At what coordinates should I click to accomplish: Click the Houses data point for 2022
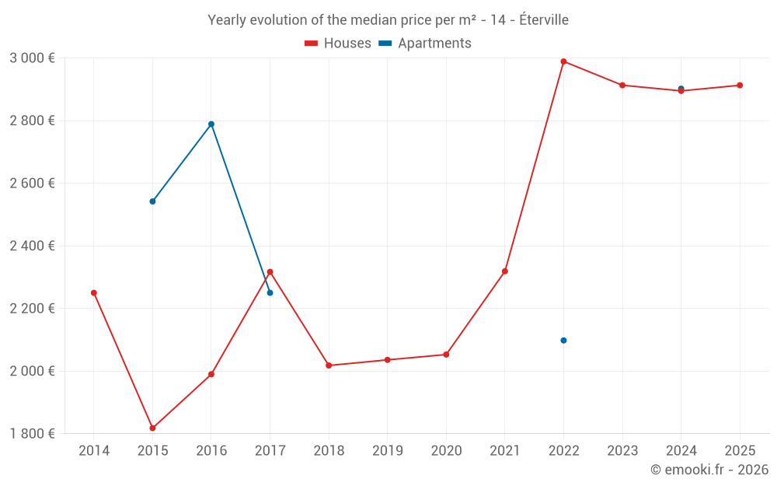[563, 61]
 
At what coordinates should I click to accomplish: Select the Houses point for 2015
[152, 428]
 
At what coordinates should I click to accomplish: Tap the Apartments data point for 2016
[211, 124]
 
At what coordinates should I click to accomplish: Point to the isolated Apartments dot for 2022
[563, 341]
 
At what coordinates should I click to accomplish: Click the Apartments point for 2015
[152, 201]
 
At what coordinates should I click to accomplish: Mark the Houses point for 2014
[94, 293]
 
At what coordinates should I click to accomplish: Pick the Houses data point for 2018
[329, 365]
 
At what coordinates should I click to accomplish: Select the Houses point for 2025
[740, 86]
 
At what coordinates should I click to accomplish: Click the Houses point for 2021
[505, 271]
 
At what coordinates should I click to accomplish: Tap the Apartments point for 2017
[270, 293]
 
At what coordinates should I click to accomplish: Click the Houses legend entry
[337, 43]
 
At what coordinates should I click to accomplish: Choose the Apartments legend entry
[425, 43]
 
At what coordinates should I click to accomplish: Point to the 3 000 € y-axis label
[32, 58]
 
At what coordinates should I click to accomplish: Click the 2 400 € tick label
[32, 246]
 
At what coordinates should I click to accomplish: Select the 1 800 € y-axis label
[32, 433]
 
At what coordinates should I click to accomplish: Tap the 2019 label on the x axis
[388, 450]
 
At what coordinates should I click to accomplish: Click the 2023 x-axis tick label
[622, 450]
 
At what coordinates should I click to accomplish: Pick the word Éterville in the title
[544, 20]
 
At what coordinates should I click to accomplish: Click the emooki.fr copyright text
[709, 469]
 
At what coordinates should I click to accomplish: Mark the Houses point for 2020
[446, 355]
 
